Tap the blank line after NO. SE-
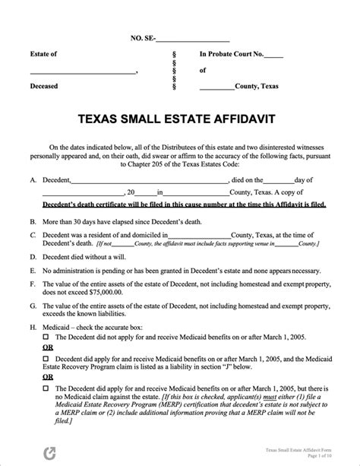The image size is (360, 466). (192, 38)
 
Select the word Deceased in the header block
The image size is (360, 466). (43, 86)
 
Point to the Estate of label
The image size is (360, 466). (43, 55)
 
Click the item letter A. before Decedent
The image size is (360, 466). (33, 180)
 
